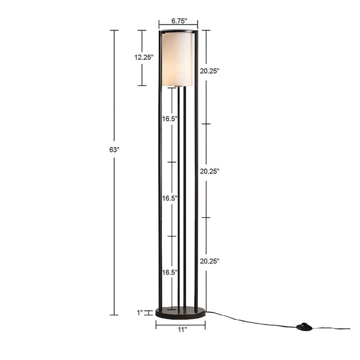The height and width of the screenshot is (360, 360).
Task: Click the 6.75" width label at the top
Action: [x=179, y=21]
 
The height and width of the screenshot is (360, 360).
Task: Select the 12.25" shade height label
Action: [x=143, y=58]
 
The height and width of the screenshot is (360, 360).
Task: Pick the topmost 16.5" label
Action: [x=170, y=119]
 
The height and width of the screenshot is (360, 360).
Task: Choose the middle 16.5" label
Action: [x=170, y=198]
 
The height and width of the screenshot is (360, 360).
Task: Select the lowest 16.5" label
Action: [x=170, y=272]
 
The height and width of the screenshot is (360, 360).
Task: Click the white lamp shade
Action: [x=177, y=58]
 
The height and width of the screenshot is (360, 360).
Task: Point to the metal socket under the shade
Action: [x=179, y=85]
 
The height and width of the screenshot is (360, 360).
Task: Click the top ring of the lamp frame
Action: [x=178, y=31]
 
